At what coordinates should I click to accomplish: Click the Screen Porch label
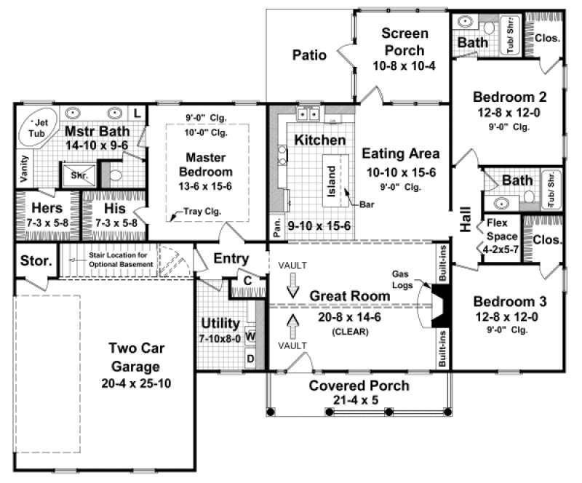click(404, 41)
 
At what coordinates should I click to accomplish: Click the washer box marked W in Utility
click(250, 336)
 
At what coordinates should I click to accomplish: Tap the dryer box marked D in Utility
click(250, 358)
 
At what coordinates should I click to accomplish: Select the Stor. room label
click(34, 260)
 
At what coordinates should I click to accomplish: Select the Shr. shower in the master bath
click(76, 175)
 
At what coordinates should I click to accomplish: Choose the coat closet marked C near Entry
click(247, 280)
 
